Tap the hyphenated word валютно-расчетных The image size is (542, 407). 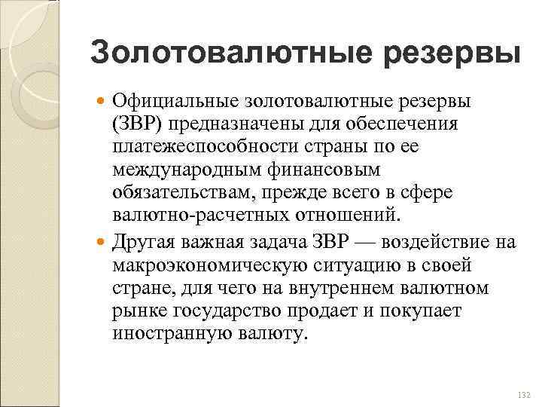click(x=199, y=217)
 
